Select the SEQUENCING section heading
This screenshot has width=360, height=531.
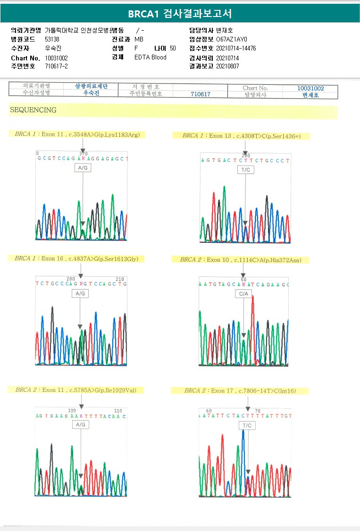tap(33, 110)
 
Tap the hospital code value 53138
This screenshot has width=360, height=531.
tap(52, 39)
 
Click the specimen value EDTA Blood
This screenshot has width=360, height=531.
tap(151, 57)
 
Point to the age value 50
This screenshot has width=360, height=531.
tap(173, 48)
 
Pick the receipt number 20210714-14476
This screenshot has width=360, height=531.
tap(236, 48)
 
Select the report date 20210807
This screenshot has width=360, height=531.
tap(227, 66)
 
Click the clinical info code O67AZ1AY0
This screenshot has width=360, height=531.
tap(232, 39)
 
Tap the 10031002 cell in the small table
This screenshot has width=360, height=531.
tap(310, 88)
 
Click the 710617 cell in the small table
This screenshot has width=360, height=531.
tap(201, 94)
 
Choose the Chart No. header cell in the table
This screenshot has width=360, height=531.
tap(255, 88)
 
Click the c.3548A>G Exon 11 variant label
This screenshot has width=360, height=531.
tap(77, 134)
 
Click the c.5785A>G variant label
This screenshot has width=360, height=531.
tap(79, 390)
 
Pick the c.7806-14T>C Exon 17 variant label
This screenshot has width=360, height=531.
tap(240, 391)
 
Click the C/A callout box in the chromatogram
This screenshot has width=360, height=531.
tap(243, 294)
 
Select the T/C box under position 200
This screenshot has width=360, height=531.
tap(246, 170)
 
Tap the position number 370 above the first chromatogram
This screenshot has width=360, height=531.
tap(84, 154)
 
